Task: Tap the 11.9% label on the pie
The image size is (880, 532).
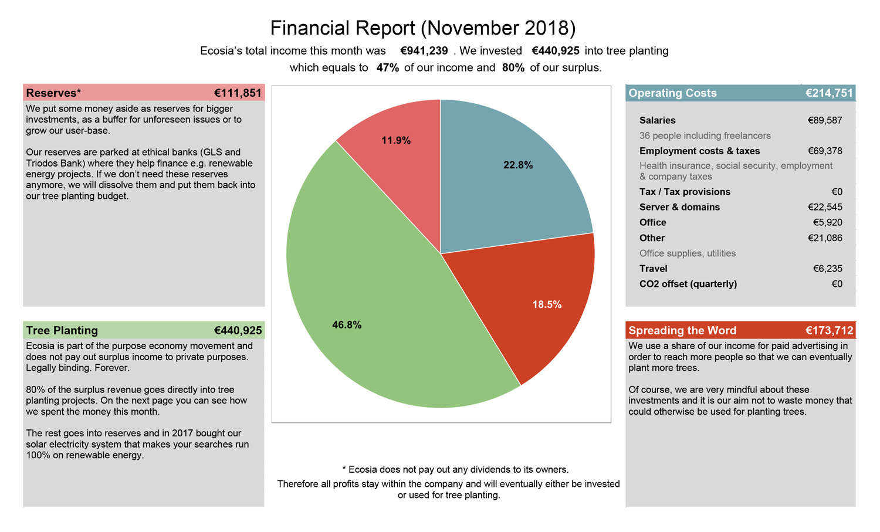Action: click(x=396, y=141)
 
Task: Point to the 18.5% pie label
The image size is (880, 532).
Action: click(x=547, y=304)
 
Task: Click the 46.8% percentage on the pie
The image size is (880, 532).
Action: click(x=347, y=325)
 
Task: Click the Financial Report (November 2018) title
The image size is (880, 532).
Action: click(x=422, y=28)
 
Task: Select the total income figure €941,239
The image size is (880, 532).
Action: click(x=424, y=51)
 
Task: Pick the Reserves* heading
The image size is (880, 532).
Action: click(x=53, y=93)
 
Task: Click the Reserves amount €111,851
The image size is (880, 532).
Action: click(x=238, y=93)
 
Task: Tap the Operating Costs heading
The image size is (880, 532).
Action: click(x=672, y=93)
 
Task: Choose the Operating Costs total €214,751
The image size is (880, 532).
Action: click(x=829, y=93)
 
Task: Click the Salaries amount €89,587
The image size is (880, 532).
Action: click(x=825, y=120)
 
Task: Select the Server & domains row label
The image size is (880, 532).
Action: click(x=679, y=207)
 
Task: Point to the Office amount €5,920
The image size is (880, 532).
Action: click(x=827, y=222)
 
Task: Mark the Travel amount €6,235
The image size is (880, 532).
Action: click(x=827, y=269)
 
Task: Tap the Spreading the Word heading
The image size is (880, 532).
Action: click(x=682, y=331)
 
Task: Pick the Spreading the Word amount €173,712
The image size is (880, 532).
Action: click(x=829, y=331)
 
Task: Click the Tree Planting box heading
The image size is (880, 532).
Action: click(x=62, y=331)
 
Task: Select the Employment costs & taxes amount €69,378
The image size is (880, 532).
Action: click(x=825, y=151)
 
